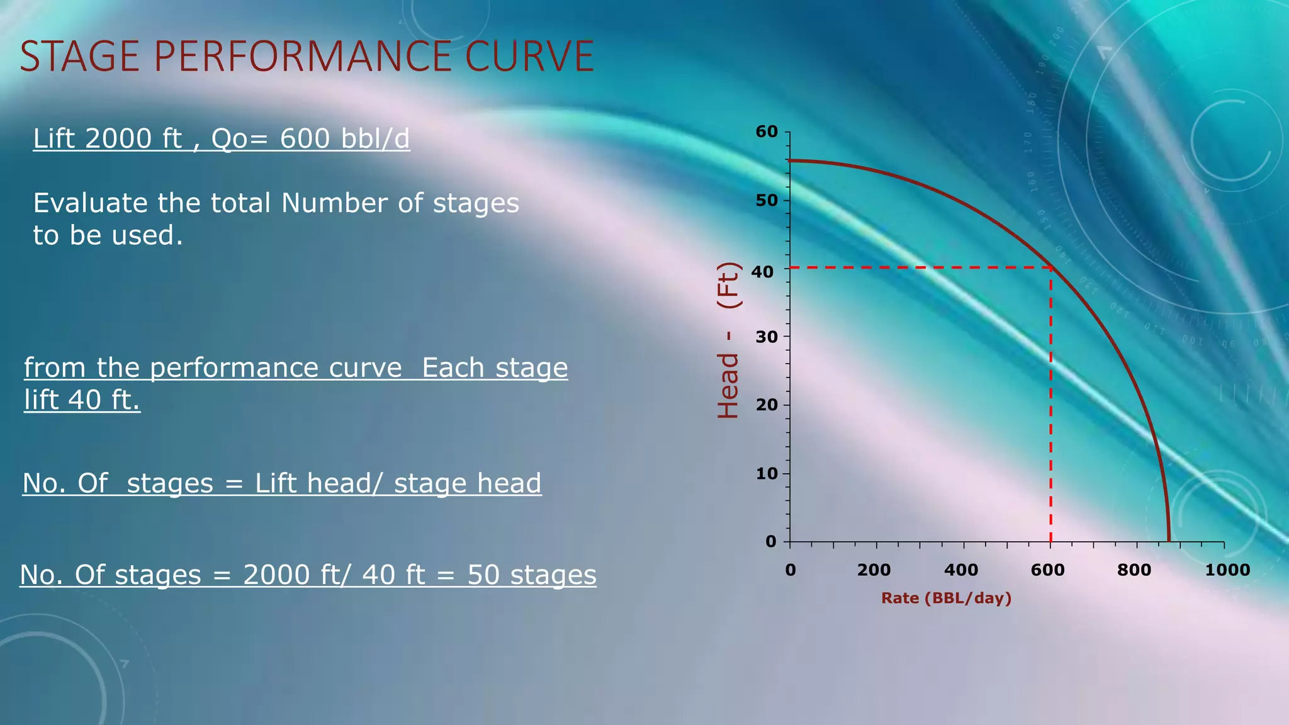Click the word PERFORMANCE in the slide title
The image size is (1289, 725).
click(x=302, y=56)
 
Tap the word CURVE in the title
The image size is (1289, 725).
click(x=529, y=56)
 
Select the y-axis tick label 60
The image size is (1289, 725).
click(x=767, y=132)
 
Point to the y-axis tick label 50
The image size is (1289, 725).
click(x=767, y=200)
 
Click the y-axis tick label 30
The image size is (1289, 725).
click(x=767, y=337)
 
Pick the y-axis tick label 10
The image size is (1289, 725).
click(x=767, y=473)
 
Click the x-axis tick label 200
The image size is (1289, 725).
click(x=874, y=570)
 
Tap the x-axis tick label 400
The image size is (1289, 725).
click(x=960, y=570)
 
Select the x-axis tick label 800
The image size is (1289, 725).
click(x=1134, y=570)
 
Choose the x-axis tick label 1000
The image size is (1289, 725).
click(x=1227, y=570)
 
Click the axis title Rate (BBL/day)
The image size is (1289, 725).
click(x=946, y=598)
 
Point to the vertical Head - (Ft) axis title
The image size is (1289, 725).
click(x=729, y=340)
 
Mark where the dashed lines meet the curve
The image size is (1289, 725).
click(x=1050, y=267)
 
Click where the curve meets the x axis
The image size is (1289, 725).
click(x=1169, y=541)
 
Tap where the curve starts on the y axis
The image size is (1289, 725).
click(x=790, y=160)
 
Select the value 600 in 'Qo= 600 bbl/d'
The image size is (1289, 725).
click(x=305, y=138)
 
